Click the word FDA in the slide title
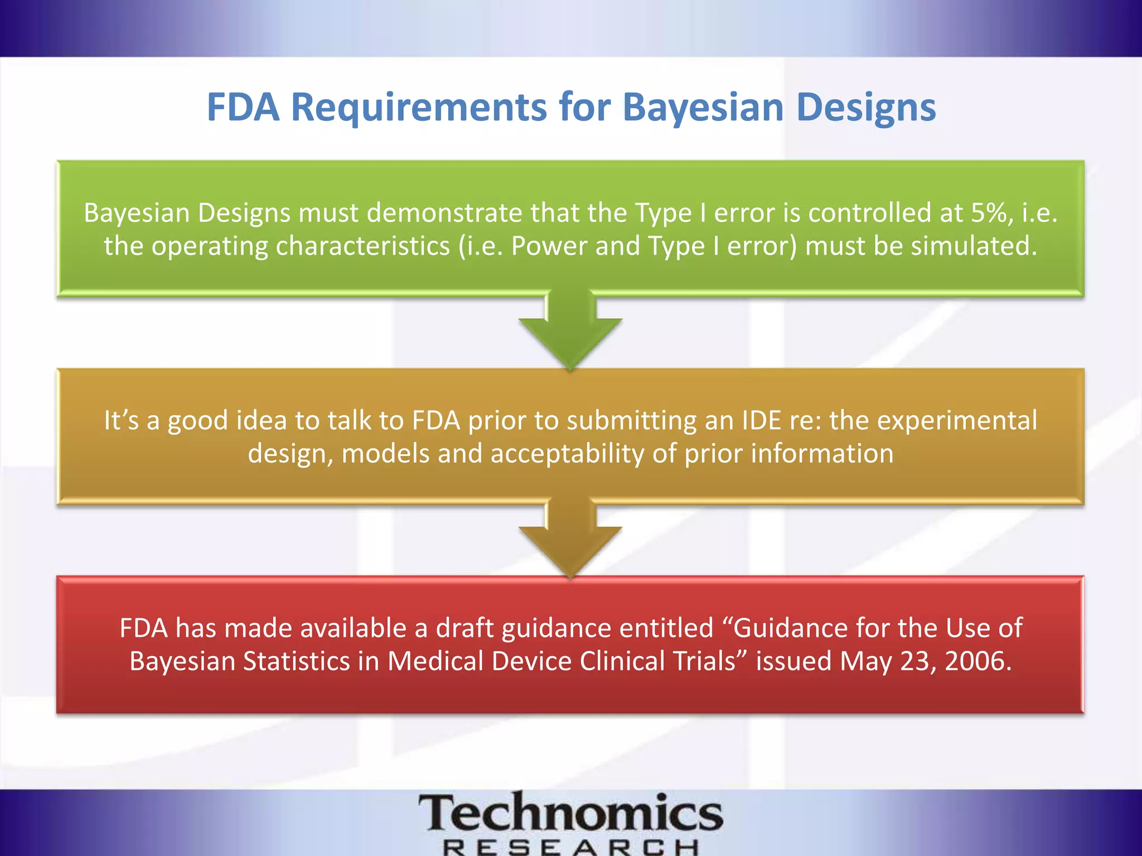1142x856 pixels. [243, 107]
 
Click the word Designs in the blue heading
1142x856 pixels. [866, 107]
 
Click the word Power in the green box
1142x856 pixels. [549, 246]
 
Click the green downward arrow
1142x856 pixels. [570, 332]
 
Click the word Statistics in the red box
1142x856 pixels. [296, 662]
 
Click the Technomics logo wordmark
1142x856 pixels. [570, 813]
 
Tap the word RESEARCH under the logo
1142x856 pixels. [570, 848]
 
